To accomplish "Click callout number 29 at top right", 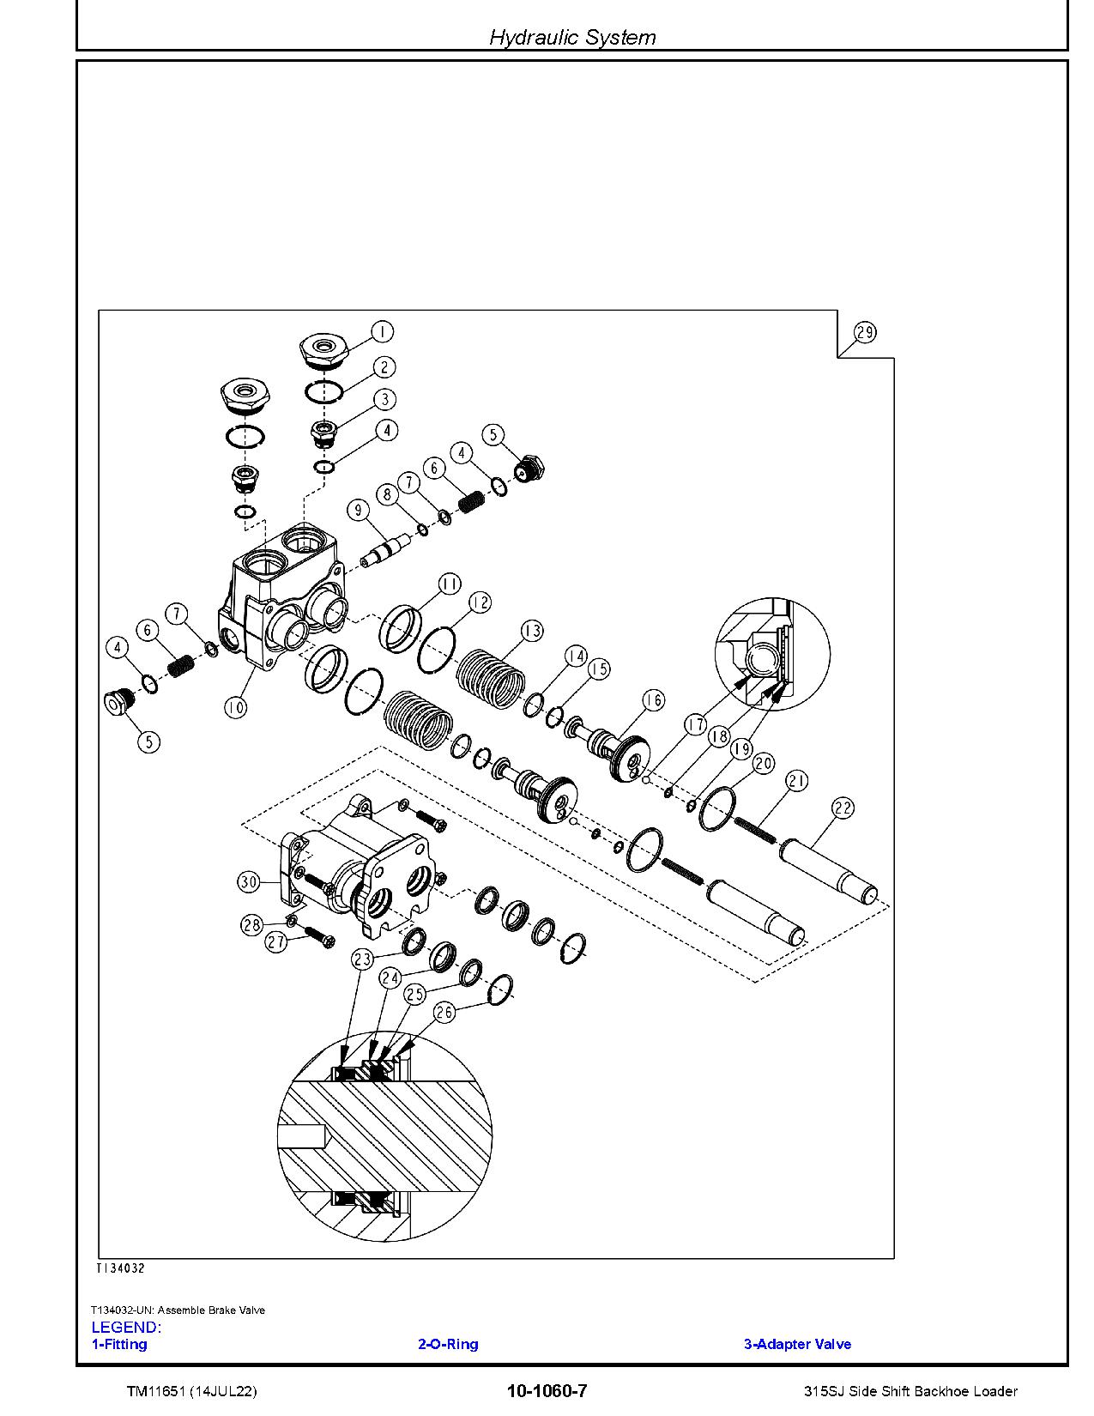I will tap(865, 333).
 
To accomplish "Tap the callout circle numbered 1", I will tap(382, 332).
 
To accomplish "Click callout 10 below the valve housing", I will tap(235, 707).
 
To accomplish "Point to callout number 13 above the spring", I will tap(532, 631).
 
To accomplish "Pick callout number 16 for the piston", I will tap(654, 700).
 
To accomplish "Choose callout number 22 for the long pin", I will tap(843, 808).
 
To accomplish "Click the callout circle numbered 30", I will tap(249, 881).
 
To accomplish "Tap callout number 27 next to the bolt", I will tap(275, 941).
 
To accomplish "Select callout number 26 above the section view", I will tap(444, 1013).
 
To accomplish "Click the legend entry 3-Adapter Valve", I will tap(797, 1344).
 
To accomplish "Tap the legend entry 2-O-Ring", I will tap(448, 1344).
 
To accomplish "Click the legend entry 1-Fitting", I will tap(119, 1344).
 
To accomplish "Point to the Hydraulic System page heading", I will tap(572, 37).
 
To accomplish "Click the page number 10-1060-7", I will tap(547, 1391).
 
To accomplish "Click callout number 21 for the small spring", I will tap(797, 780).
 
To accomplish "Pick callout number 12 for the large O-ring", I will tap(481, 602).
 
